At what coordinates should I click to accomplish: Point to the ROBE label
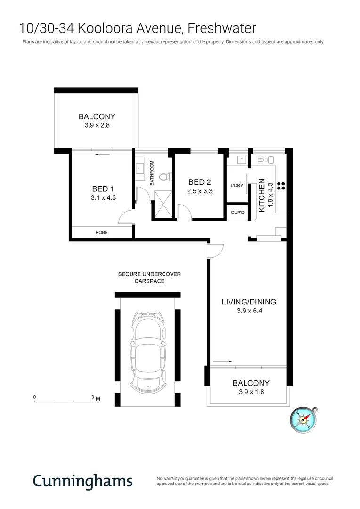pyautogui.click(x=101, y=232)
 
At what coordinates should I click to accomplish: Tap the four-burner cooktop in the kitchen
pyautogui.click(x=281, y=185)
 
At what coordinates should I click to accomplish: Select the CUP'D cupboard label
pyautogui.click(x=238, y=213)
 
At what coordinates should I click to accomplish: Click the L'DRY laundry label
pyautogui.click(x=237, y=186)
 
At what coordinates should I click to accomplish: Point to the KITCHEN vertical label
pyautogui.click(x=262, y=194)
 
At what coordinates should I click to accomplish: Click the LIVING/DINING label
pyautogui.click(x=249, y=302)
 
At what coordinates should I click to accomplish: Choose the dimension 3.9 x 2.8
pyautogui.click(x=97, y=125)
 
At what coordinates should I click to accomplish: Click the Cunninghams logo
pyautogui.click(x=82, y=482)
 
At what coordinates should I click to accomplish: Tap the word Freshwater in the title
pyautogui.click(x=221, y=28)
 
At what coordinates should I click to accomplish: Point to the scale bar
pyautogui.click(x=64, y=401)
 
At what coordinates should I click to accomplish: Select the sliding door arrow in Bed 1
pyautogui.click(x=102, y=154)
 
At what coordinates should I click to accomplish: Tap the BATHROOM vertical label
pyautogui.click(x=152, y=173)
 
